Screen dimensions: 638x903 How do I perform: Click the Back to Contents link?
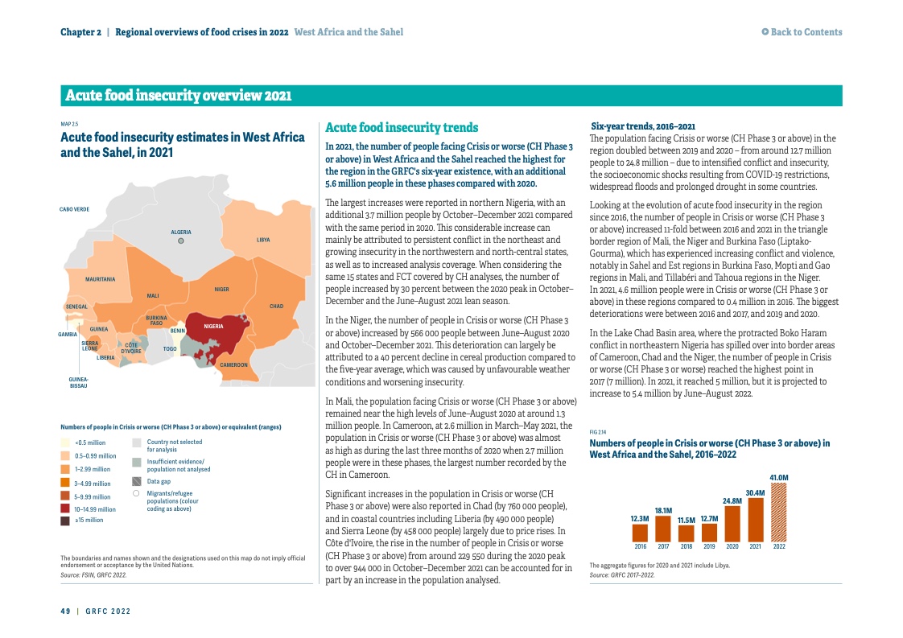point(802,32)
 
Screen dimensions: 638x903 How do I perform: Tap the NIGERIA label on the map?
point(213,326)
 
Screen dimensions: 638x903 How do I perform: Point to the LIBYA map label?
point(263,240)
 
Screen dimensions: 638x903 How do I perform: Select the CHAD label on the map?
point(276,306)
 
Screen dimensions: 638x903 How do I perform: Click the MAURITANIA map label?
point(101,279)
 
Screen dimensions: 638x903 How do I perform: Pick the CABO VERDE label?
point(74,209)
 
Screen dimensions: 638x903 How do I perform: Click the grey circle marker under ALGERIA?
point(181,241)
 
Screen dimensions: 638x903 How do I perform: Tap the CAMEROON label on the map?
point(234,364)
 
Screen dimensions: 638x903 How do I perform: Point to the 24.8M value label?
point(732,500)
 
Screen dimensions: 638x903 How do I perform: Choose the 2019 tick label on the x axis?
point(709,546)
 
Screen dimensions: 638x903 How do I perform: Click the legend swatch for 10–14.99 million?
point(65,508)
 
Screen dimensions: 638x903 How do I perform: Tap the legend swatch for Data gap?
point(137,481)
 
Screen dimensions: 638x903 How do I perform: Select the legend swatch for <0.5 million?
point(65,442)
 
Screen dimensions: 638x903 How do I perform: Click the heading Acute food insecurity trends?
point(402,128)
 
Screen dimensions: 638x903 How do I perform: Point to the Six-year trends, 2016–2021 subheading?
point(643,126)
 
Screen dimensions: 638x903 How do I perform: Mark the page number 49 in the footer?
point(65,611)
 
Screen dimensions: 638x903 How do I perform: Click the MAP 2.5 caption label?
point(69,124)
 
